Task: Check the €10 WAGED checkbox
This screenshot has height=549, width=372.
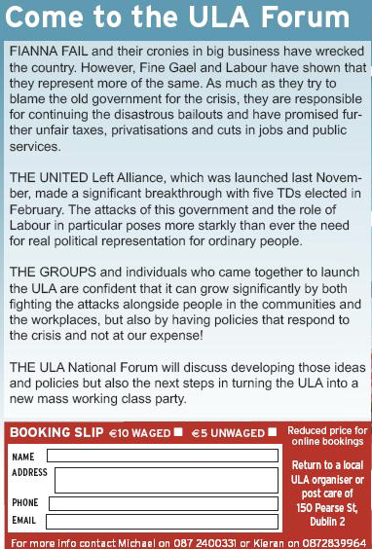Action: coord(178,432)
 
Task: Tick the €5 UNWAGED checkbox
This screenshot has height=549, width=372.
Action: coord(272,432)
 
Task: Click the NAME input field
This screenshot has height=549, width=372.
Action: coord(162,456)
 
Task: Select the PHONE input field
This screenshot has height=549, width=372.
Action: coord(162,504)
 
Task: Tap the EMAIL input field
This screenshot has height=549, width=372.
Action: coord(162,521)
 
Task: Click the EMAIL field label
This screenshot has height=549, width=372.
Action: coord(23,521)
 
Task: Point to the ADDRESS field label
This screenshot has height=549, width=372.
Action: coord(29,472)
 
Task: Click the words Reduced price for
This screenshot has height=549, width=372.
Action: coord(327,429)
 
